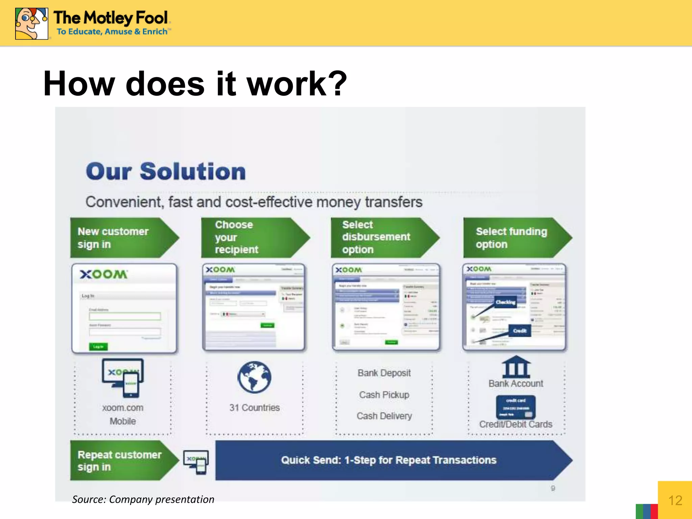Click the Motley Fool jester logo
(x=31, y=24)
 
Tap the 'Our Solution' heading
(x=166, y=171)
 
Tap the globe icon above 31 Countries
(x=254, y=377)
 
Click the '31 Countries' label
(x=254, y=408)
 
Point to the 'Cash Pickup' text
(x=384, y=395)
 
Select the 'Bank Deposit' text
(x=384, y=373)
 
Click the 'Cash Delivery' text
(x=384, y=416)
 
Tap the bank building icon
(x=516, y=367)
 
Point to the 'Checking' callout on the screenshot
(x=505, y=302)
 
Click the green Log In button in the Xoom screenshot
(x=98, y=347)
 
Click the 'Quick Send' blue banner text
(x=389, y=460)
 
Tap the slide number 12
(x=675, y=500)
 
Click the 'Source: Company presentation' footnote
(x=143, y=499)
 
